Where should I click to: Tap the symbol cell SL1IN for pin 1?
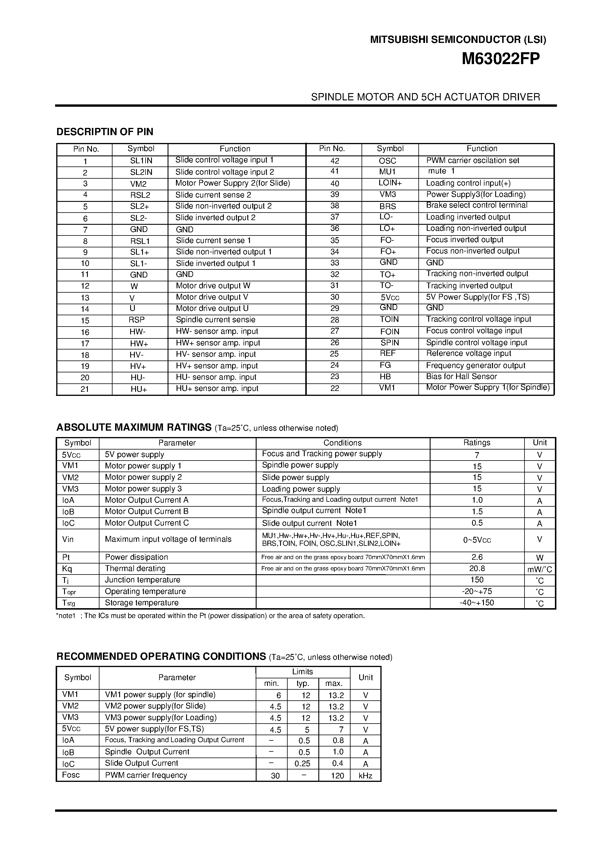(x=141, y=161)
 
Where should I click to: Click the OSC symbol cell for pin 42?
(x=387, y=161)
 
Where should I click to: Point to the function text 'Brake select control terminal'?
(x=477, y=205)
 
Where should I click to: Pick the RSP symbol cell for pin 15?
(x=137, y=320)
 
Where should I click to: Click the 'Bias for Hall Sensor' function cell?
(x=462, y=377)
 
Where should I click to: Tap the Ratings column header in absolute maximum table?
(x=477, y=443)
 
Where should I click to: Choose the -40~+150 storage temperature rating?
(x=477, y=603)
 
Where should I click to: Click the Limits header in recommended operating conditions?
(x=302, y=672)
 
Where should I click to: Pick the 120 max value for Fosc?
(x=337, y=775)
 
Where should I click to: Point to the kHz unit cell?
(x=365, y=775)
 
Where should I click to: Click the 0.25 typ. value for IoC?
(x=302, y=763)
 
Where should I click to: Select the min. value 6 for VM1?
(x=278, y=695)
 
